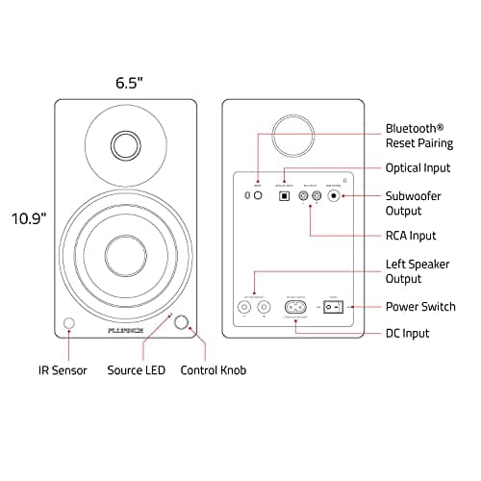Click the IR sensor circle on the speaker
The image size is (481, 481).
[x=69, y=323]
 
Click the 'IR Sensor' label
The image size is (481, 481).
[x=63, y=369]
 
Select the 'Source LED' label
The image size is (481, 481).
[x=137, y=369]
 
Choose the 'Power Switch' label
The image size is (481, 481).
[x=420, y=307]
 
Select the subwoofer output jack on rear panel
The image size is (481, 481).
[x=335, y=195]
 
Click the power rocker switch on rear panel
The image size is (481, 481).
[x=333, y=308]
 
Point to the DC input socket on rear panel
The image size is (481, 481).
[x=295, y=308]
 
